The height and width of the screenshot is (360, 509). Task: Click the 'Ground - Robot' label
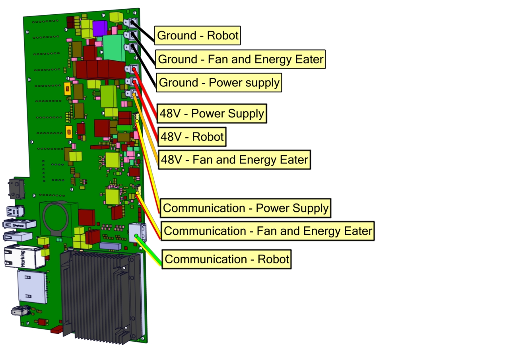coord(198,36)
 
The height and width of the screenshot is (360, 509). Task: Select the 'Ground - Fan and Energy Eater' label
coord(240,59)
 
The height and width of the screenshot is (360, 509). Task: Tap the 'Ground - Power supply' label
coord(219,83)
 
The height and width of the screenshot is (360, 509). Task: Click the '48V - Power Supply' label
coord(212,114)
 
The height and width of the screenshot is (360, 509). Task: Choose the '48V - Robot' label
coord(192,137)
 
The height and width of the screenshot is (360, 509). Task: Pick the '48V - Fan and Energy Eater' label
coord(234,160)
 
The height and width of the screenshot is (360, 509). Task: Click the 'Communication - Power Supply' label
coord(245,208)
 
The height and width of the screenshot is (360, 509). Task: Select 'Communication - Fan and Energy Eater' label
coord(268,231)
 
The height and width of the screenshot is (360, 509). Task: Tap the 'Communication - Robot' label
coord(226,259)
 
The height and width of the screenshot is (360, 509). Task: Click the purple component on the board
coord(99,28)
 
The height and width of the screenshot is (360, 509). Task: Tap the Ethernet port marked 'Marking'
coord(25,257)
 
